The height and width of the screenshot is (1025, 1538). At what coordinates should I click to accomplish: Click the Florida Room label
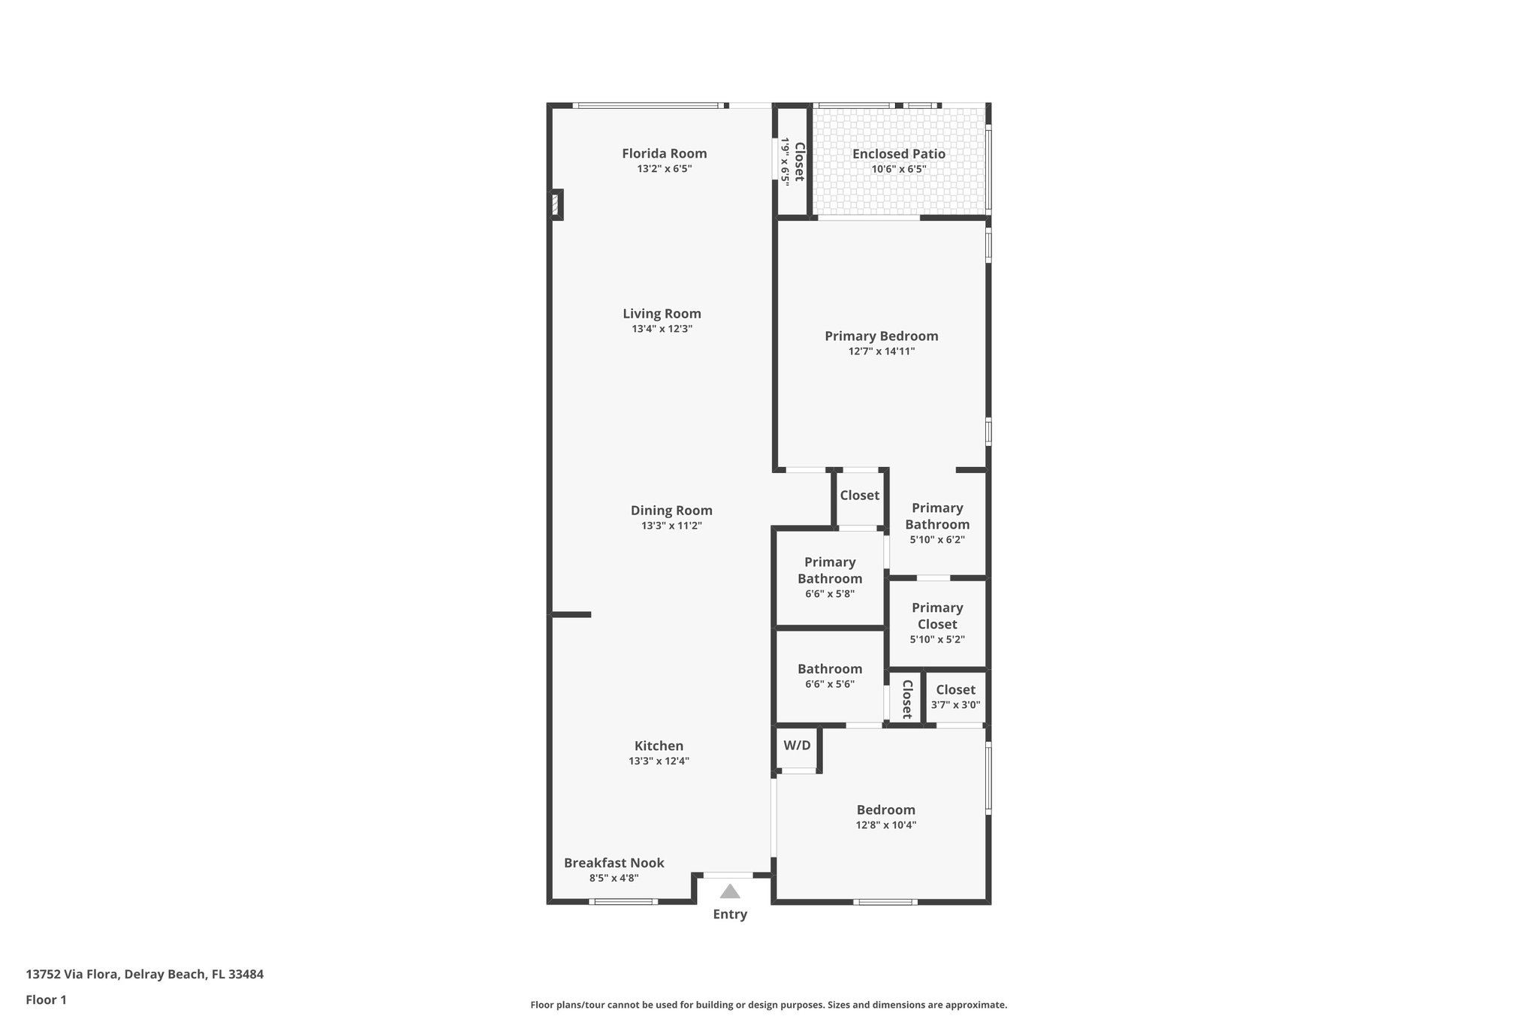(664, 154)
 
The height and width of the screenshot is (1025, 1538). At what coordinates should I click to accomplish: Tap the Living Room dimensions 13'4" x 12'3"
(662, 329)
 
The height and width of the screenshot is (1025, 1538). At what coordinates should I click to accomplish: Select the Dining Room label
(671, 511)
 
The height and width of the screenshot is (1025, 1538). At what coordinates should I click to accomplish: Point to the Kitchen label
(659, 746)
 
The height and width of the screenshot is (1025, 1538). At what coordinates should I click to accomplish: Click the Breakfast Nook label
(614, 863)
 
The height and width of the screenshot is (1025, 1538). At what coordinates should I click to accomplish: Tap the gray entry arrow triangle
(730, 891)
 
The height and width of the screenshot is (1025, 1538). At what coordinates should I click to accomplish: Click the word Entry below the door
(730, 914)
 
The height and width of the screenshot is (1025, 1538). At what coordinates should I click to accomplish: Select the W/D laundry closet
(797, 746)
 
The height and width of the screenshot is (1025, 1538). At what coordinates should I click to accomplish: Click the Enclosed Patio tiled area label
(898, 154)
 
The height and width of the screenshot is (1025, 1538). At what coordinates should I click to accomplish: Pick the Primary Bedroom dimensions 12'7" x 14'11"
(881, 351)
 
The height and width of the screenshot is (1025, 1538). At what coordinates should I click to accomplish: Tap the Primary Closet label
(937, 616)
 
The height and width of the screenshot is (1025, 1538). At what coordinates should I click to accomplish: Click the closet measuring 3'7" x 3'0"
(955, 697)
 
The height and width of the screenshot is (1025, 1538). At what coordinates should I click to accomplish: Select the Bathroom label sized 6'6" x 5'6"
(829, 669)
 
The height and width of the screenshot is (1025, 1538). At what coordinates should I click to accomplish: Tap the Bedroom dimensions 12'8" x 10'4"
(885, 825)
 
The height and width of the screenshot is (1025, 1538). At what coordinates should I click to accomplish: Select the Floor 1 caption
(46, 999)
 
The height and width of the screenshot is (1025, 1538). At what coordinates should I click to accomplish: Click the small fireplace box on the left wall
(556, 204)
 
